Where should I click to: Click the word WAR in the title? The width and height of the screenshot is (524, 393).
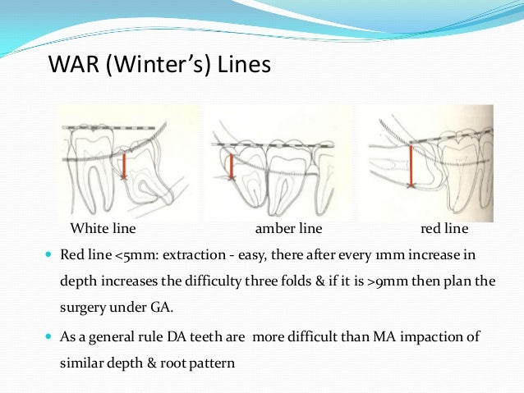pos(71,64)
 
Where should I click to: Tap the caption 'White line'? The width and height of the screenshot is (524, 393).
pos(102,227)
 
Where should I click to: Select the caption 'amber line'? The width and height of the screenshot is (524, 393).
pos(289,227)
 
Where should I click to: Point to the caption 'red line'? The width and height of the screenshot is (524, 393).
pos(444,227)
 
